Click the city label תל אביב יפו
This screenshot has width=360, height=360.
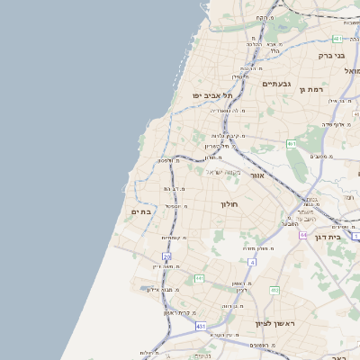(x=211, y=95)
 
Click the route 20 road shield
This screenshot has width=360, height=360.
(x=166, y=256)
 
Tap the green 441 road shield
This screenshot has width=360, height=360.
(x=199, y=278)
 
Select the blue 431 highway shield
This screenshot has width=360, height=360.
(x=201, y=326)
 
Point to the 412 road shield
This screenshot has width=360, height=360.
(x=274, y=290)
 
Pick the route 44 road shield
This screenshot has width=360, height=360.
(x=304, y=235)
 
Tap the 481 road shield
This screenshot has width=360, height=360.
(x=337, y=39)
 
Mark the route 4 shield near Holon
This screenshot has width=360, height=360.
(x=253, y=262)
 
